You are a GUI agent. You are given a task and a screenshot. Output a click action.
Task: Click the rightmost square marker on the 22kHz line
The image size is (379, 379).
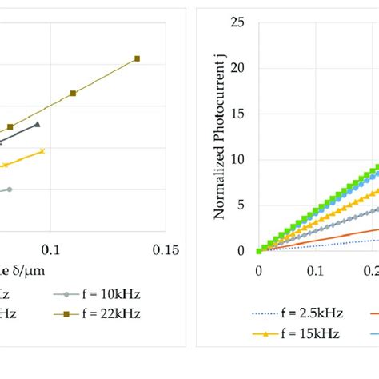point(137,58)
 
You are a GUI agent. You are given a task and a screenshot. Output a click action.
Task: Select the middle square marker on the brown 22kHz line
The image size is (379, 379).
point(73,94)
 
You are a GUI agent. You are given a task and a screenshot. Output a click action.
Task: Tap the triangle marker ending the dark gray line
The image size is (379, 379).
point(37,125)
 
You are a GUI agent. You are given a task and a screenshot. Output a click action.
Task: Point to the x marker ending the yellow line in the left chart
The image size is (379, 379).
point(42,150)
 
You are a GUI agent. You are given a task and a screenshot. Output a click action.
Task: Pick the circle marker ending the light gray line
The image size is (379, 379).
point(10,189)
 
